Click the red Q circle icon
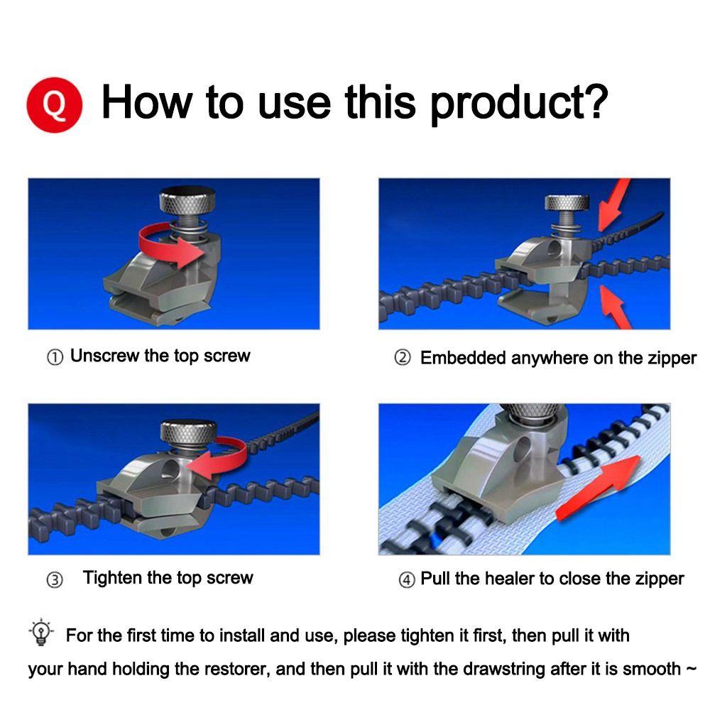click(55, 104)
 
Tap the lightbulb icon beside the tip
click(41, 632)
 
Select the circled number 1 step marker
click(55, 357)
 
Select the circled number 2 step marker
click(402, 358)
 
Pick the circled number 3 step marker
click(55, 579)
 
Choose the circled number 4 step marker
click(407, 579)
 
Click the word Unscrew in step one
click(104, 356)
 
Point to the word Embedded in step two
click(463, 358)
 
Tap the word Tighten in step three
click(112, 578)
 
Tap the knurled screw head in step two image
click(567, 203)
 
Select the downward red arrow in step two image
click(613, 204)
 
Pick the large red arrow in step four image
click(598, 488)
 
